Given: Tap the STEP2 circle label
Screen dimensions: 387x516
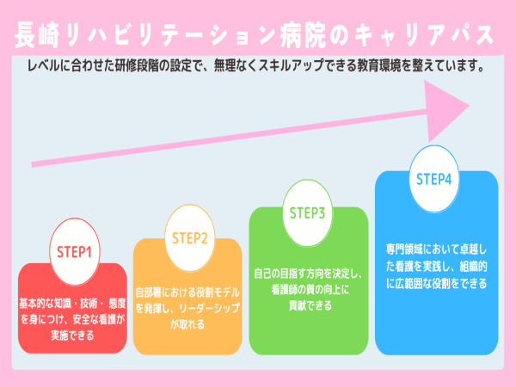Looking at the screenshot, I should click(190, 238).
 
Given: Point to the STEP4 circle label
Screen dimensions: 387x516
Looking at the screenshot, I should click(434, 180).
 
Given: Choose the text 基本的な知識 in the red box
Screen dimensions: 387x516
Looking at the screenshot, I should click(47, 304).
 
